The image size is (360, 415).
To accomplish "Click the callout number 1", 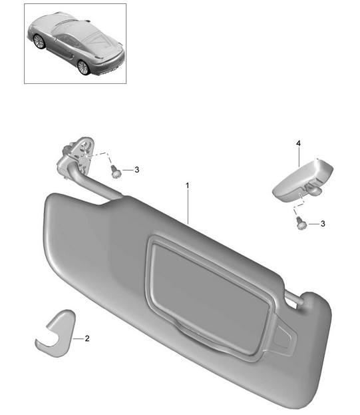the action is (188, 186).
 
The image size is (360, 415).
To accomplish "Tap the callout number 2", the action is (87, 338).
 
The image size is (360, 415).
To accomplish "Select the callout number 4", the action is (298, 143).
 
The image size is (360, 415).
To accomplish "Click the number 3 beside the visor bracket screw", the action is (136, 170).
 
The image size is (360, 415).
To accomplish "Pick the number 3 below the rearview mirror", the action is (323, 224).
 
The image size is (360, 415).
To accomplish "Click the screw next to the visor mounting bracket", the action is (115, 171).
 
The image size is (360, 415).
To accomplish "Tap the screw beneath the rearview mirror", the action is (300, 223).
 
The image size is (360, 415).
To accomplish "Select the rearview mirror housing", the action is (303, 180).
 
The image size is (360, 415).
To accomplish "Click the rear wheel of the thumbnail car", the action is (83, 67).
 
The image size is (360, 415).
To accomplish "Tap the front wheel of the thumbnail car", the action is (39, 41).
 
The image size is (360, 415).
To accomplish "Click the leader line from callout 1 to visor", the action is (188, 207).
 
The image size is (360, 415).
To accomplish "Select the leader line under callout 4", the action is (299, 157).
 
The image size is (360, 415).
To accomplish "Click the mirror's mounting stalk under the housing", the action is (315, 189).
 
